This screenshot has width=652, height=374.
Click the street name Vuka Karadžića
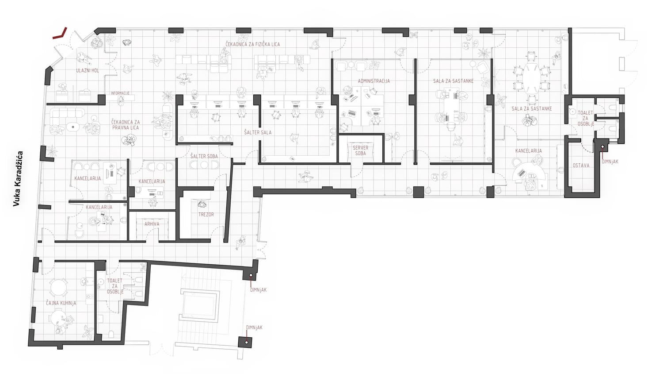point(18,179)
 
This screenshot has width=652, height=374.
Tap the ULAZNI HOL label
point(88,70)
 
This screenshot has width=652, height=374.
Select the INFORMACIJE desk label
point(120,93)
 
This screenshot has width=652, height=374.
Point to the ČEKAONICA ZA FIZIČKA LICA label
point(253,44)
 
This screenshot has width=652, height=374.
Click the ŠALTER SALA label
point(258,132)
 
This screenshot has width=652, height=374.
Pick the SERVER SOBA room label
point(360,150)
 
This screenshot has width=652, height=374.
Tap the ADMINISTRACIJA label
point(374,81)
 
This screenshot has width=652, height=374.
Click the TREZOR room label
point(206,215)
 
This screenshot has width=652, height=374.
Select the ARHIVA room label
point(152,224)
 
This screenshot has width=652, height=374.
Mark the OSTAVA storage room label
point(581,165)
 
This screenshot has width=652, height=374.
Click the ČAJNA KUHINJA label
point(61,303)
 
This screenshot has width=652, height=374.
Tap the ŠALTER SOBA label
point(204,156)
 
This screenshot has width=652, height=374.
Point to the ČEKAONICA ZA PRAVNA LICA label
point(125,125)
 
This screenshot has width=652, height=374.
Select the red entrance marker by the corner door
point(60,34)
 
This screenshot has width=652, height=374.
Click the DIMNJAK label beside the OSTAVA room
point(610,162)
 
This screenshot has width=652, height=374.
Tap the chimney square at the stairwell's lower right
point(245,342)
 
